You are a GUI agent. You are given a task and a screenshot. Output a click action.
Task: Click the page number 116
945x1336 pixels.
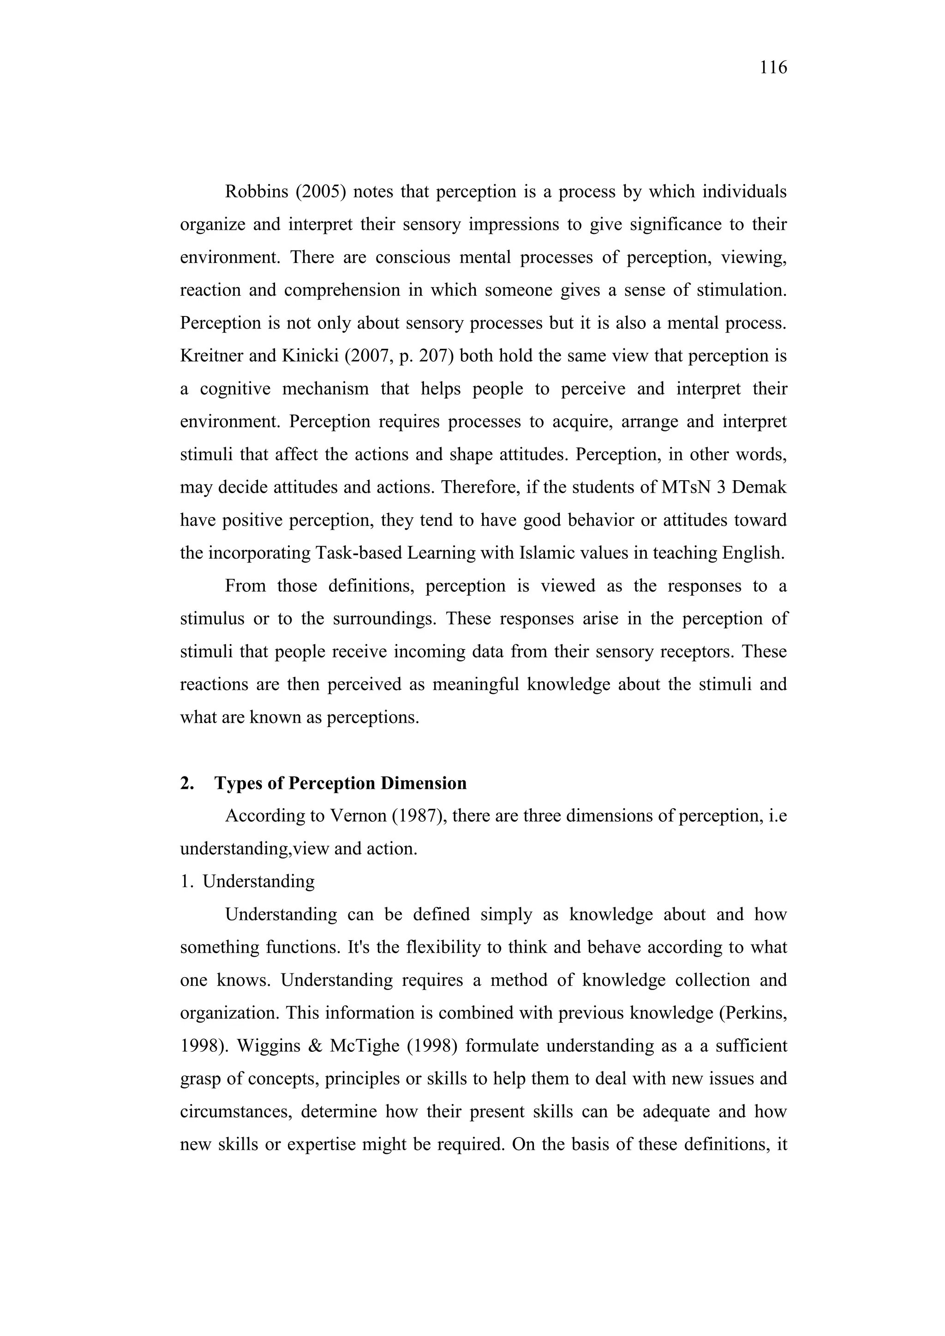(x=773, y=68)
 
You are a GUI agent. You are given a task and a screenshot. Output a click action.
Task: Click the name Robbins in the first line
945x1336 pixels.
(x=256, y=192)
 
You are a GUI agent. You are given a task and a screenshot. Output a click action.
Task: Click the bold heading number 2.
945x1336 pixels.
(x=187, y=783)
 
